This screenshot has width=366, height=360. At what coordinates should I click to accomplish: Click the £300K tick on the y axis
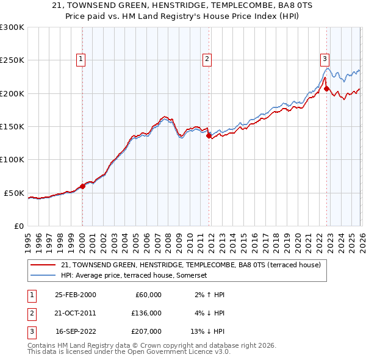pos(12,27)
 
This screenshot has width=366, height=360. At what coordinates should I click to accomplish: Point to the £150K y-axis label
pos(12,127)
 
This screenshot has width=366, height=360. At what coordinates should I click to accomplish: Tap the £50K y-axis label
pos(15,193)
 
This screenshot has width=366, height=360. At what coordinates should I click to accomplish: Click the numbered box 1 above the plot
pos(81,59)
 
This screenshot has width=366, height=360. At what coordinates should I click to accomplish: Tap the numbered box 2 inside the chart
pos(207,59)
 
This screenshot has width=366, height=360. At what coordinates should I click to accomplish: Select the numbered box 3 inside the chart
pos(325,59)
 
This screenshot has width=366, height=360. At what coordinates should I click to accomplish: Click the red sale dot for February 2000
pos(83,186)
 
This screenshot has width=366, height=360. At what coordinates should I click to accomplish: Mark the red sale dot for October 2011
pos(209,136)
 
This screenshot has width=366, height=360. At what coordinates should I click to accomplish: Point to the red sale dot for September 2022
pos(326,89)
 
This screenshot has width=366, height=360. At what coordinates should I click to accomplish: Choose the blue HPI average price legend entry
pos(134,276)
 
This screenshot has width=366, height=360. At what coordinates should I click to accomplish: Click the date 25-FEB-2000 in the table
pos(75,295)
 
